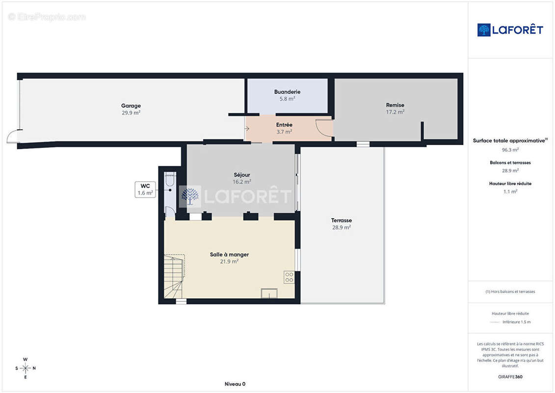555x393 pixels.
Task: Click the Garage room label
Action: point(131,106)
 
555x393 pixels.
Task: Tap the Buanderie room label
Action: point(287,92)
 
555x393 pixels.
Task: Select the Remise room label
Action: point(395,105)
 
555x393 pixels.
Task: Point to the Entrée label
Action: point(284,125)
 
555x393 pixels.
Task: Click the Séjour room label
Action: point(242,175)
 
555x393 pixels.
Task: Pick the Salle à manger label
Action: point(229,254)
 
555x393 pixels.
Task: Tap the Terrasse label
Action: point(341,221)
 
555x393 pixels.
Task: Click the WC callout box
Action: point(145,189)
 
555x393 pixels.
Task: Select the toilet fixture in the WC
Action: point(170,179)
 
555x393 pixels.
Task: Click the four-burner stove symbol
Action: point(289,277)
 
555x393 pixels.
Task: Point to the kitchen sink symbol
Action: point(269,293)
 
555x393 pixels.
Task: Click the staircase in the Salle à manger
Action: point(174,276)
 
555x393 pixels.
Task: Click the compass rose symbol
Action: point(25,368)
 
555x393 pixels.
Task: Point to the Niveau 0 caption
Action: point(235,384)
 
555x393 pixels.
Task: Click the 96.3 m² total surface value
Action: point(510,149)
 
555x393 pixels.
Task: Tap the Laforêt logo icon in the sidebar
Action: point(484,30)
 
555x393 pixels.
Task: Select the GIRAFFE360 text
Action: point(510,377)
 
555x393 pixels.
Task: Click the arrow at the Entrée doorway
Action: point(247,128)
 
